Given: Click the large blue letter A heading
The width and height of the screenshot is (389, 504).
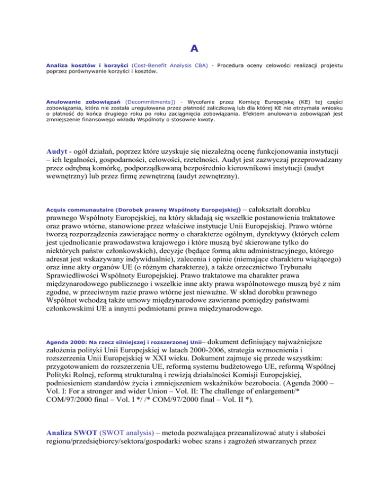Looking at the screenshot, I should tap(194, 48).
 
